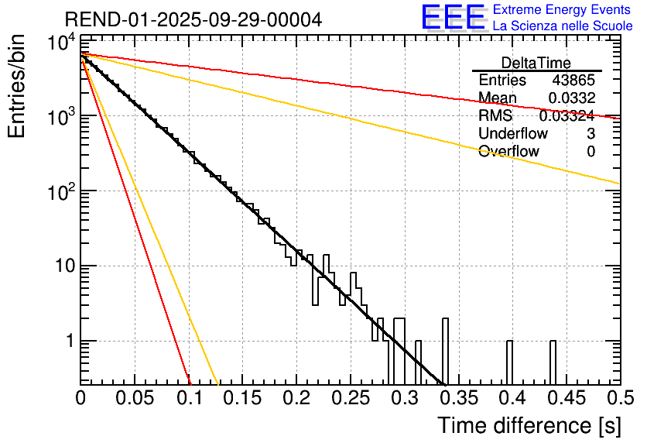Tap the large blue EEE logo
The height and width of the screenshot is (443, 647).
pyautogui.click(x=453, y=18)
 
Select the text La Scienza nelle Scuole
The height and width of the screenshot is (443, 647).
pyautogui.click(x=563, y=26)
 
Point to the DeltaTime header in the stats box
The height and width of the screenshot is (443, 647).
pyautogui.click(x=536, y=63)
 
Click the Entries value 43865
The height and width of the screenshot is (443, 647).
pyautogui.click(x=573, y=81)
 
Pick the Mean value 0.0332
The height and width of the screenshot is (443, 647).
pyautogui.click(x=571, y=98)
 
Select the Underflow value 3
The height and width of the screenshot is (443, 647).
pyautogui.click(x=591, y=134)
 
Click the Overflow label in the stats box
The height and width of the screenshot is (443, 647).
pyautogui.click(x=508, y=152)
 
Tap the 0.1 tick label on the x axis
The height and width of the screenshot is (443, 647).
pyautogui.click(x=189, y=398)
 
